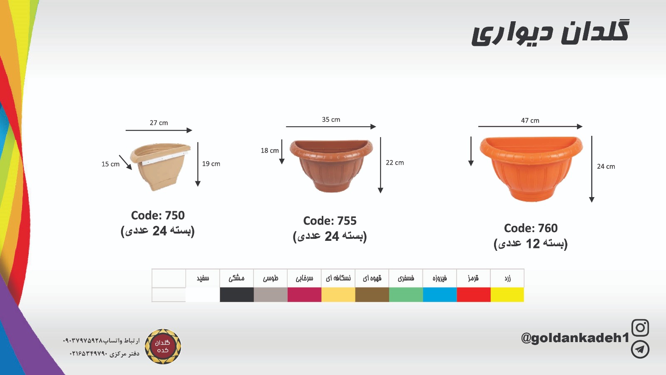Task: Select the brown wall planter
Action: coord(331,165)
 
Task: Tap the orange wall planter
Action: coord(531,168)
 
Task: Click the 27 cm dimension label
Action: coord(159,123)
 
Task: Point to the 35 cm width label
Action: coord(331,120)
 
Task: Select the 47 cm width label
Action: coord(530,120)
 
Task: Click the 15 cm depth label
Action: coord(110,164)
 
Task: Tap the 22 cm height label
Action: coord(395,162)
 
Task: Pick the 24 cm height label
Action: coord(606,166)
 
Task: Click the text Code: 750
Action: coord(158,215)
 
